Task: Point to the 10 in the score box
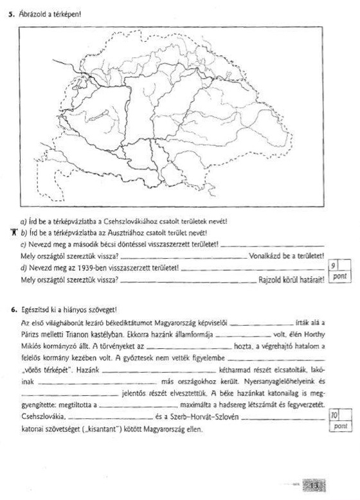pos(334,416)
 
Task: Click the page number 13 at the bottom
pos(314,485)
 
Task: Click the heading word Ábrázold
pos(32,13)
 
